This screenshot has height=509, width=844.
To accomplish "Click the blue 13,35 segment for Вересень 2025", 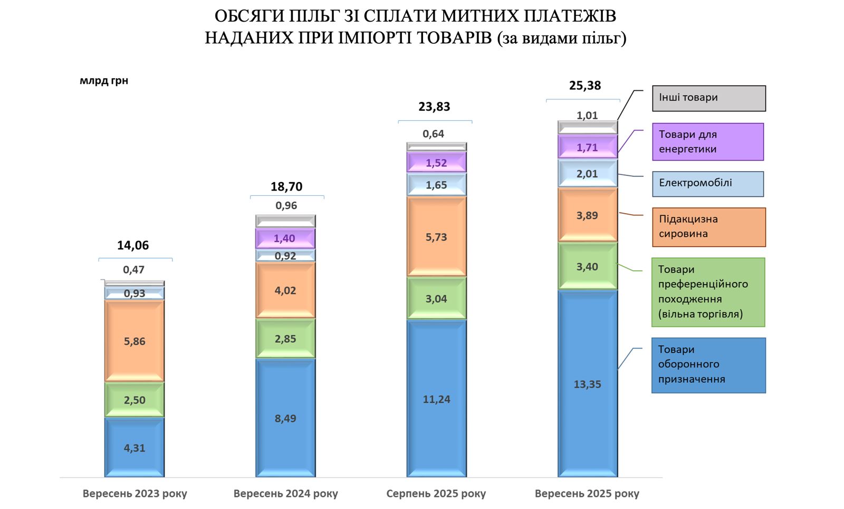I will coord(587,384).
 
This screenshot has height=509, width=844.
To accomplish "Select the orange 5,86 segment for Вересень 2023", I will coord(135,341).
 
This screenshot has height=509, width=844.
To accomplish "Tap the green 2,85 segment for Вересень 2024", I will coord(285,338).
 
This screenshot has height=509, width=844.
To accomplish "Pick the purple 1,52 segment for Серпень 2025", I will coord(436,163).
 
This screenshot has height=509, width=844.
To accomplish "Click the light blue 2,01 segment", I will coord(587,174).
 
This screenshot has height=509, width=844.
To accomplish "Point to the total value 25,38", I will coord(584,86).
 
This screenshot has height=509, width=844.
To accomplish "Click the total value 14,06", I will coord(133,246).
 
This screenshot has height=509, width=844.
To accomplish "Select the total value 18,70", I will coord(286,186).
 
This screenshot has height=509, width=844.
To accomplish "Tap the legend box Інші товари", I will coord(708,98).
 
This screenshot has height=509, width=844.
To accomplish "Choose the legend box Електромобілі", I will coord(707,184).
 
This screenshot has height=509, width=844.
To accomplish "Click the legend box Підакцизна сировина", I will coord(708,227).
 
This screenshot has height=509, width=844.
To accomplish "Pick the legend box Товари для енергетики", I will coord(707,142).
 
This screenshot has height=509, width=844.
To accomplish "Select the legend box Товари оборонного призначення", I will coord(708,365).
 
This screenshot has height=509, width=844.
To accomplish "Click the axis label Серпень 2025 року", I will coord(436,494).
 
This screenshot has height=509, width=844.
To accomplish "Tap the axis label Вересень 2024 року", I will coord(285,494).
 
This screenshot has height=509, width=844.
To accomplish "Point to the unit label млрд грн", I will coord(104,81).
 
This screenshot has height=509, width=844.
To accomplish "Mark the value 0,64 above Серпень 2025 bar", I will coord(433,134).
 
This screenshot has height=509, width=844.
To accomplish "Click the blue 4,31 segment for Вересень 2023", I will coord(135,448).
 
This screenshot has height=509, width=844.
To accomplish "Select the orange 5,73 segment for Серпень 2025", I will coord(436,237).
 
